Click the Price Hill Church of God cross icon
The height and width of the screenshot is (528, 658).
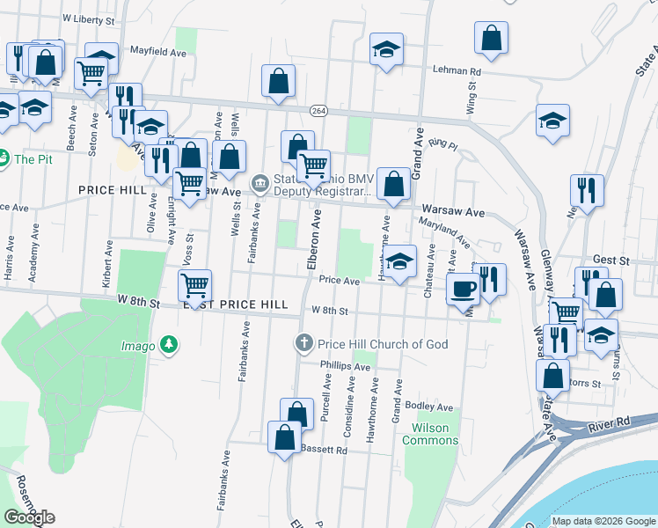304,342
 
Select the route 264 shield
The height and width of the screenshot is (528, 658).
318,110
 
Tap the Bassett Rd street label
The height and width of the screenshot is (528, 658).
325,450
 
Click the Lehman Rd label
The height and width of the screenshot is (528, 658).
456,70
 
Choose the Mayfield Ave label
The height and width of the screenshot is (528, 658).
157,52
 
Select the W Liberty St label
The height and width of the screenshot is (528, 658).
89,18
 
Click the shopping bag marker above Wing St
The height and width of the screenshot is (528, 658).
492,38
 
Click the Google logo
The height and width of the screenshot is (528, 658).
29,517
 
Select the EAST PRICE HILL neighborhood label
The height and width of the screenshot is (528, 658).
235,304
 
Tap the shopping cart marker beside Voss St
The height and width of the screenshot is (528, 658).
195,286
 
